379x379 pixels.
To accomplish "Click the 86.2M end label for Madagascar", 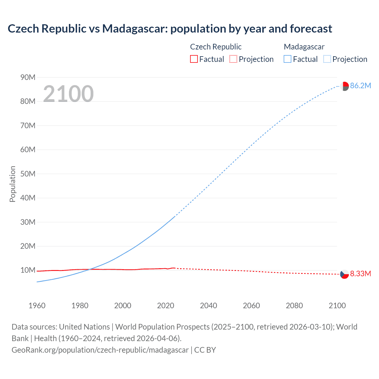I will [x=360, y=86].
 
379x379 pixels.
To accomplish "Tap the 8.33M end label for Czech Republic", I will [x=360, y=274].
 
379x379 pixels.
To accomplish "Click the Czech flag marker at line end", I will [x=344, y=274].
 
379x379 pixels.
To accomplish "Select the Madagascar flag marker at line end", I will [x=344, y=86].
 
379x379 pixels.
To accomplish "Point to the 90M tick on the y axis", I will [x=28, y=77].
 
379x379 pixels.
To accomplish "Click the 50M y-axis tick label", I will [x=28, y=174].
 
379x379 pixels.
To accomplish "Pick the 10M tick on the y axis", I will [x=28, y=270].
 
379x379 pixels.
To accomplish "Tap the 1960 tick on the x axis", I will [x=37, y=306].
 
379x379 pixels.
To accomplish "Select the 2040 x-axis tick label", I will [x=208, y=306].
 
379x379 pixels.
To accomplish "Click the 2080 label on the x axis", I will [x=294, y=306].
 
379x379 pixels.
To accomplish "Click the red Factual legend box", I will [x=194, y=59].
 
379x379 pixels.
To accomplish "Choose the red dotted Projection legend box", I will [x=233, y=59].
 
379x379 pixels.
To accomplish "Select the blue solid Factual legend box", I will [x=288, y=59].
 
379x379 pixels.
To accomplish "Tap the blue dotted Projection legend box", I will [x=327, y=59].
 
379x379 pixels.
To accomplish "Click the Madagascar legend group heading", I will [x=304, y=47].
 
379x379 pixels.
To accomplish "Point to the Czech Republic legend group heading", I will [x=216, y=47].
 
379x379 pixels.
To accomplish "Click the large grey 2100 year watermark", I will [x=68, y=94].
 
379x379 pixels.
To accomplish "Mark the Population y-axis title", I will [x=12, y=184].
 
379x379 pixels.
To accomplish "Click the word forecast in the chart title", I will [x=311, y=29].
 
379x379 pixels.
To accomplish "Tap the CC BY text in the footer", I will [x=205, y=350].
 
